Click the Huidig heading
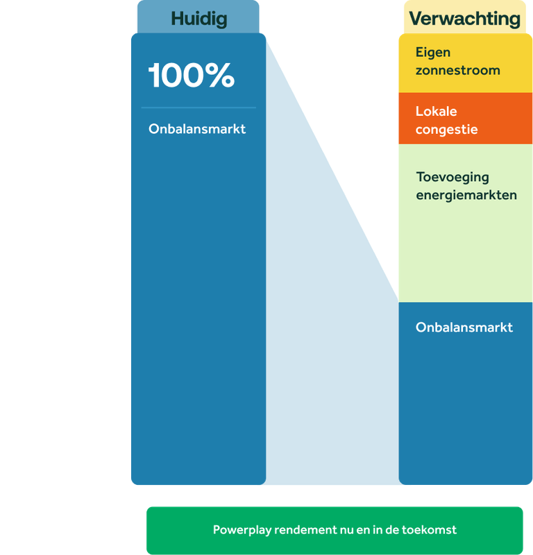coord(198,19)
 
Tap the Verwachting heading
coord(464,19)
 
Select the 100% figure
coord(191,76)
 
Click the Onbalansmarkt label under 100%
coord(197,129)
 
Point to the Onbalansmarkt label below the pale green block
coord(464,327)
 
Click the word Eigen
coord(433,53)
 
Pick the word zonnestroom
coord(457,71)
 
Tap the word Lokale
coord(436,112)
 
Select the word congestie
coord(446,130)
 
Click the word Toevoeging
coord(452,177)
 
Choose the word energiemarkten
coord(466,195)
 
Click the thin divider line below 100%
coord(198,108)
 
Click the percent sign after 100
coord(220,76)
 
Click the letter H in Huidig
coord(178,19)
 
